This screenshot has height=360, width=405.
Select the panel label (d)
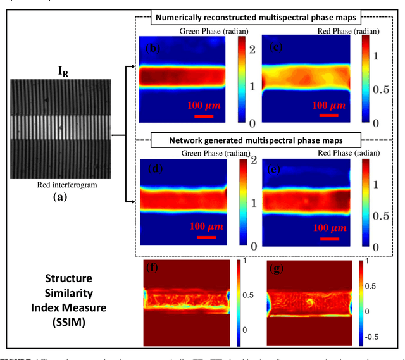[x=153, y=170]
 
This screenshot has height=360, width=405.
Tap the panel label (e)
[x=275, y=170]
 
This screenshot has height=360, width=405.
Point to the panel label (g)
[x=275, y=268]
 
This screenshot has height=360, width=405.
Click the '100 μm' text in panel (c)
[x=329, y=105]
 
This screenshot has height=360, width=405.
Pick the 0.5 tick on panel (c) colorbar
[x=382, y=89]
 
